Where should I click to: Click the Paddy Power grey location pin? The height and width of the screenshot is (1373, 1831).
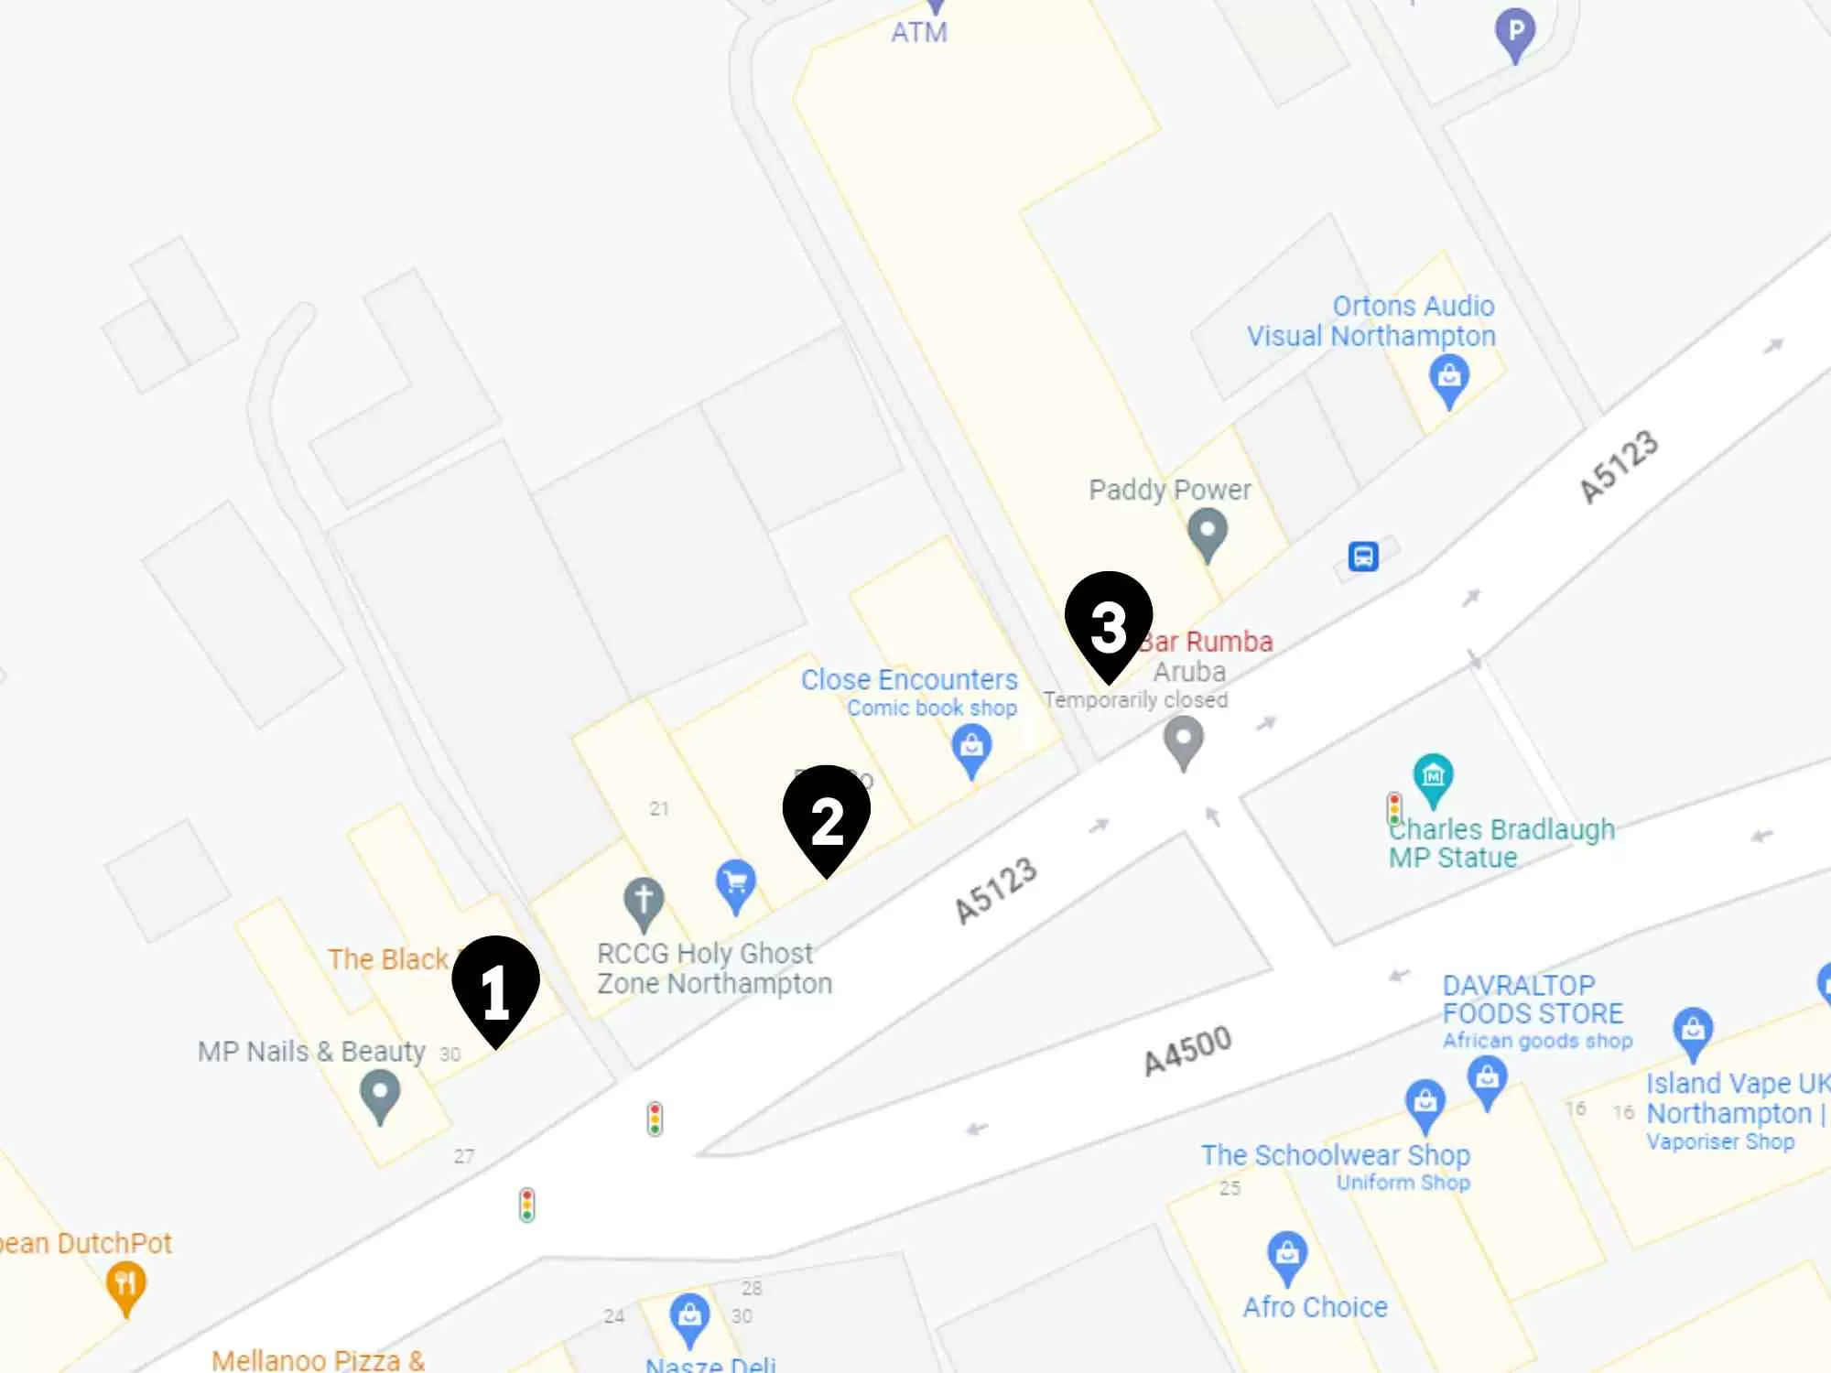[1207, 533]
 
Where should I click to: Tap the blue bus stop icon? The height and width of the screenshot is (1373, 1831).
[1363, 556]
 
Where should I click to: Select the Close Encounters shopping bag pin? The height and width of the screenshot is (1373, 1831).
[971, 748]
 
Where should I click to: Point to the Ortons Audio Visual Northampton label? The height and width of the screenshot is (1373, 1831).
[1371, 320]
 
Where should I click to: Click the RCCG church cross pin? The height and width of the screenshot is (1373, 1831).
[644, 901]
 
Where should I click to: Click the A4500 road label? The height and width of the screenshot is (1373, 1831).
[1187, 1050]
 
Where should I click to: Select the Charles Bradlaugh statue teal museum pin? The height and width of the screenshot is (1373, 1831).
[1433, 777]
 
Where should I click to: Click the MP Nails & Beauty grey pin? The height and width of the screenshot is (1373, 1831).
[380, 1094]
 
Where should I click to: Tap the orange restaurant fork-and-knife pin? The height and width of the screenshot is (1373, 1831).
[126, 1284]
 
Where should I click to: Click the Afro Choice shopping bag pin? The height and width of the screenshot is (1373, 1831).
[1287, 1254]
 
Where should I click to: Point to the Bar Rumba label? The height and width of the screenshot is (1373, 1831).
[1207, 642]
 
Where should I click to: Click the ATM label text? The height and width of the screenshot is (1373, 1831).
[919, 33]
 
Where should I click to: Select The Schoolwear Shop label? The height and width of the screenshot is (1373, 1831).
[1336, 1155]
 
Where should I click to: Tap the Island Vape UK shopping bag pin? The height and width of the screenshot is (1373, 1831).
[1693, 1031]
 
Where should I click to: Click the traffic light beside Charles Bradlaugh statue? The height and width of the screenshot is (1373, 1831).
[1394, 809]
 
